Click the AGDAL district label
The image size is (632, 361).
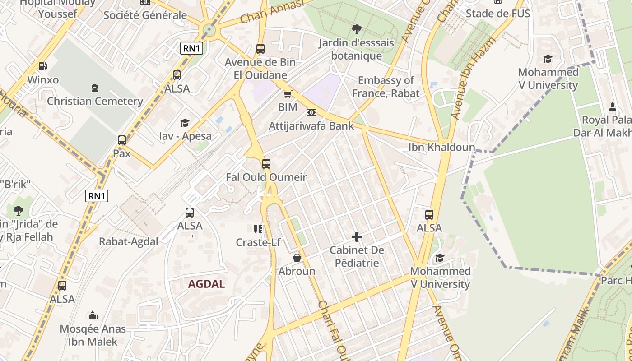[206, 284]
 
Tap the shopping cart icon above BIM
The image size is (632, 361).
[288, 94]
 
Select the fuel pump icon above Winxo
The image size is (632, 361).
[42, 66]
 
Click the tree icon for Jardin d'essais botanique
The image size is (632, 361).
[356, 30]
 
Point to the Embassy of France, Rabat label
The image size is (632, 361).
[386, 87]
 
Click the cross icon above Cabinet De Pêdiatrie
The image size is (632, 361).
[357, 236]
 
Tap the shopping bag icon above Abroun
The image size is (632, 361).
[297, 258]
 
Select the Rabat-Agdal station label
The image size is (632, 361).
[129, 241]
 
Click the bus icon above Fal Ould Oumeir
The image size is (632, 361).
[266, 163]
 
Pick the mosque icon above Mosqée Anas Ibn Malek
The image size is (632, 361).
[93, 315]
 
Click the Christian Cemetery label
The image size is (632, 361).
[95, 101]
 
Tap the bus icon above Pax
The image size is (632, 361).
[122, 140]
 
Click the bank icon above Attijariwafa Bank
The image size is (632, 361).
[311, 112]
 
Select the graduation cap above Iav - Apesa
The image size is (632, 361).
[185, 123]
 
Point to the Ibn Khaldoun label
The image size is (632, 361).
[441, 147]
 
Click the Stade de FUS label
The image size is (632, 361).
[497, 13]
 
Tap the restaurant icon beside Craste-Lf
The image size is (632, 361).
[258, 229]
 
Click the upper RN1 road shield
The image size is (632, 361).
[191, 48]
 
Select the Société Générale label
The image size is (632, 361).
[145, 15]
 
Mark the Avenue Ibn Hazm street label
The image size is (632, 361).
[473, 79]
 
